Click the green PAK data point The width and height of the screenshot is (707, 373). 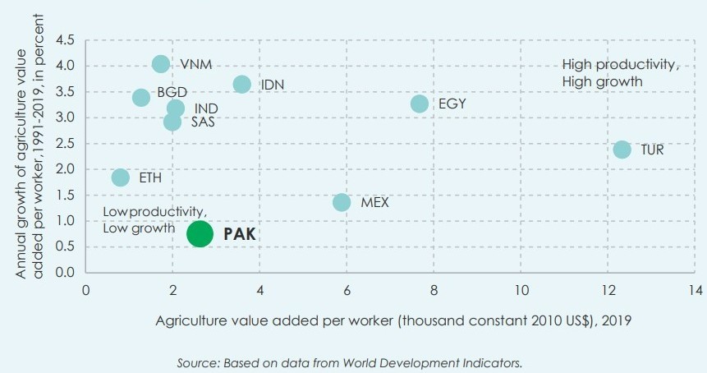200,233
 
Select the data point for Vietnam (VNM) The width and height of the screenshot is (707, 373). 161,64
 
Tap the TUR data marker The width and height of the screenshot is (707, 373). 622,150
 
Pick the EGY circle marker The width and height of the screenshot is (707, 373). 420,104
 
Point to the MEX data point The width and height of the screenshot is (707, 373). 342,202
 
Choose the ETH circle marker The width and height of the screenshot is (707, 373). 121,177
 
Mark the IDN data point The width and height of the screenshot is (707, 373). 241,84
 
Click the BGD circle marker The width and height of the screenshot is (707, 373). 141,97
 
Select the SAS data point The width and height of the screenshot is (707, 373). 172,122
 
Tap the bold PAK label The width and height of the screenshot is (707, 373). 241,234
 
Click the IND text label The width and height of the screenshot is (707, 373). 206,108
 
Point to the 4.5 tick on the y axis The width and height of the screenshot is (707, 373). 64,39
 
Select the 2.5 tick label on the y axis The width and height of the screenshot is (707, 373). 64,143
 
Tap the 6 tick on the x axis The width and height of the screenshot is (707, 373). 347,289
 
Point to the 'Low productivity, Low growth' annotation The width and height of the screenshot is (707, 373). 149,220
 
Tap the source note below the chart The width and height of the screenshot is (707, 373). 350,362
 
